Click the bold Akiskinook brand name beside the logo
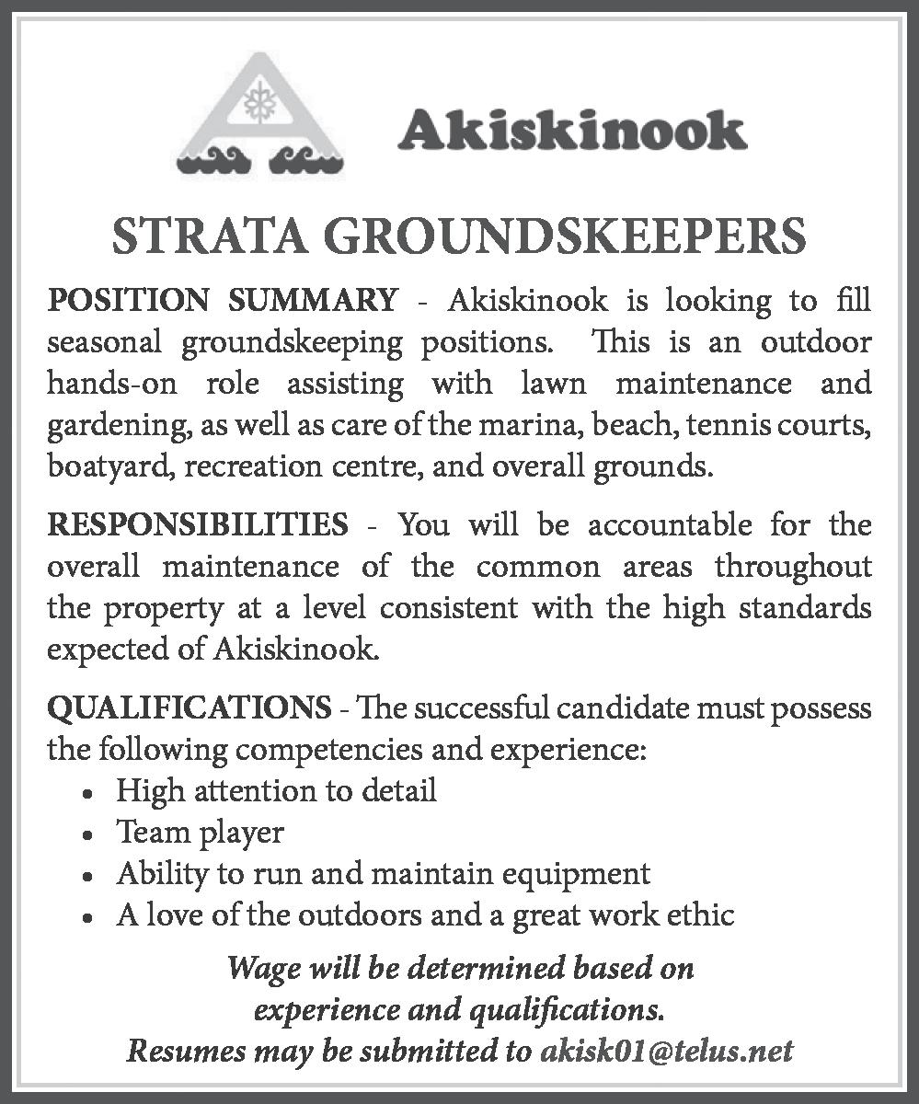coord(571,130)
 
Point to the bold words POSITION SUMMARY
coord(223,300)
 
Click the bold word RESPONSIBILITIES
coord(198,525)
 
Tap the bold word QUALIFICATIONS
coord(189,707)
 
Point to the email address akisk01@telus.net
coord(666,1051)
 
